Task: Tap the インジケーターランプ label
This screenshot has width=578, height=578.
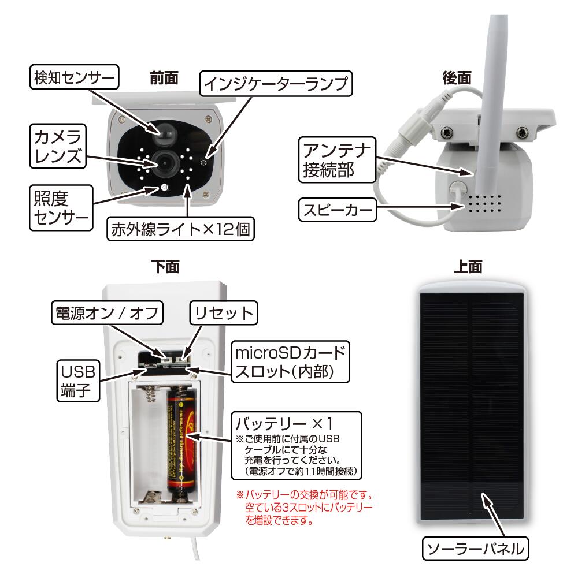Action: pyautogui.click(x=275, y=84)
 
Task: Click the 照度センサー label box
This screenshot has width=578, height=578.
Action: pyautogui.click(x=61, y=207)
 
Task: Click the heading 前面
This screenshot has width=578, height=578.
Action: pyautogui.click(x=164, y=78)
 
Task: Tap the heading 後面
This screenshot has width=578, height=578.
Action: pyautogui.click(x=457, y=78)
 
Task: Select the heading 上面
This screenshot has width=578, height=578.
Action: pyautogui.click(x=468, y=266)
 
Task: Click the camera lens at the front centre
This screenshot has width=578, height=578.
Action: pyautogui.click(x=164, y=163)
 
